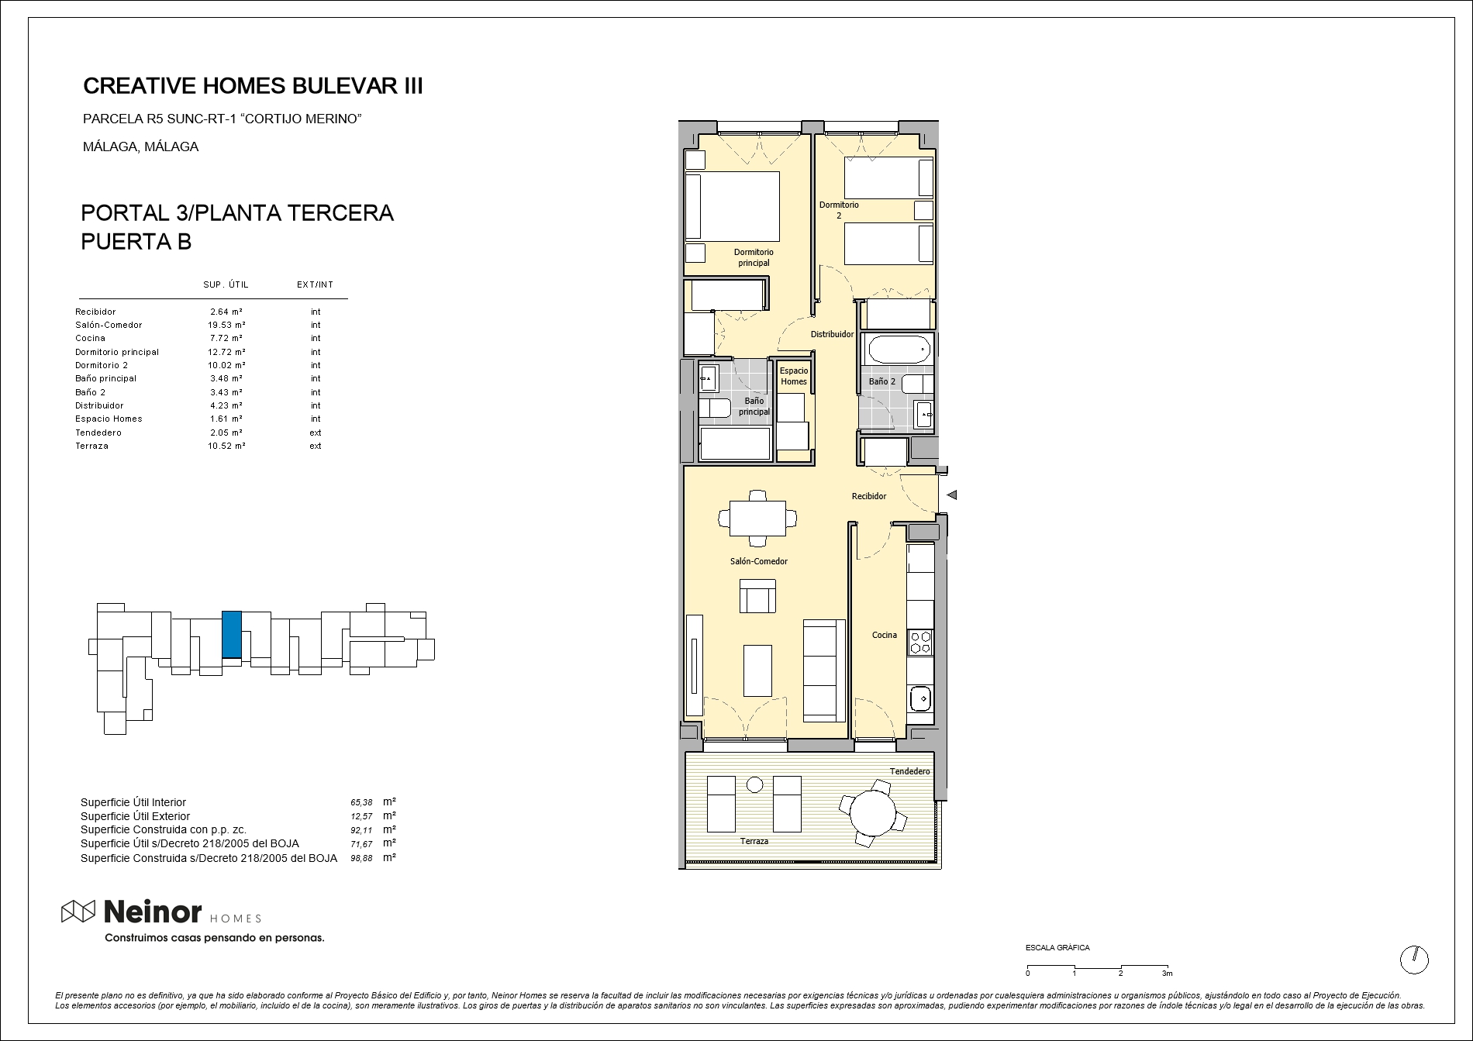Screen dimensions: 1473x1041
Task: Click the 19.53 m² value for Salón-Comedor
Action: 221,325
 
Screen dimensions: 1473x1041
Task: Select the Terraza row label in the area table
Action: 91,446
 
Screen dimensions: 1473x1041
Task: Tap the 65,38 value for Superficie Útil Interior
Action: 362,803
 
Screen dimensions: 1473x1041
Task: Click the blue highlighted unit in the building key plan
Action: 232,634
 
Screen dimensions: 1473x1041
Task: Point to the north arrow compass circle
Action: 1414,960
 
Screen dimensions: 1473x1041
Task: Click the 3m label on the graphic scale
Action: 1167,974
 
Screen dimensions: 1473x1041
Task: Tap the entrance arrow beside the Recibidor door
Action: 952,495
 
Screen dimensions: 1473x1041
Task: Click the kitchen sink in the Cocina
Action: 920,698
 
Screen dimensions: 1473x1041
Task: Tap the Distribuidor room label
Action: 832,335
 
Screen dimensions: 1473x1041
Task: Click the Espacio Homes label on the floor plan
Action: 794,376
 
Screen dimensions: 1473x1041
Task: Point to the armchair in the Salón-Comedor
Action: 757,595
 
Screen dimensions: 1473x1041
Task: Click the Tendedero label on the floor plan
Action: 909,771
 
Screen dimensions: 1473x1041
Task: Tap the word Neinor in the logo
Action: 153,912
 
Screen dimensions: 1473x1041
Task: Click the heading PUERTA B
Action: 136,242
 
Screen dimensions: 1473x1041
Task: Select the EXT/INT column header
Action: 315,284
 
